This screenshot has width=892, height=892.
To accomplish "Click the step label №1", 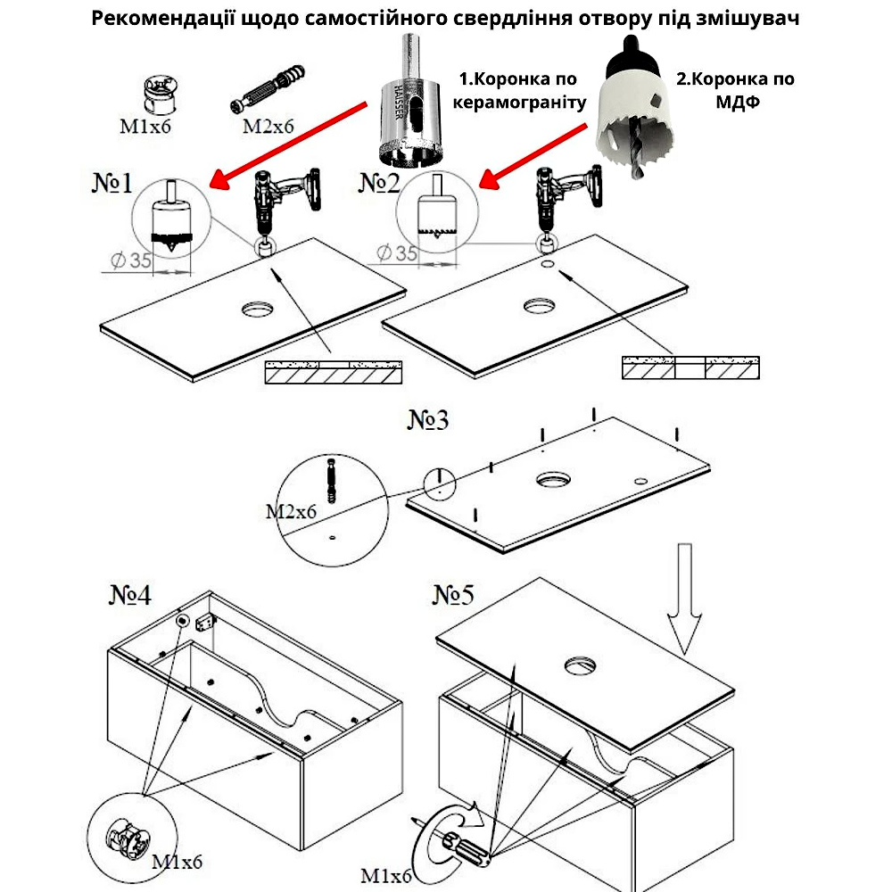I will (112, 184).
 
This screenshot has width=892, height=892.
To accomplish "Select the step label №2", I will (382, 184).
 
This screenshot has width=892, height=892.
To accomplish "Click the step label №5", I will (456, 594).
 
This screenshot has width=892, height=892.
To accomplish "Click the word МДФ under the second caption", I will (736, 102).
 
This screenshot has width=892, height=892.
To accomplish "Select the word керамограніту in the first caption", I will (519, 102).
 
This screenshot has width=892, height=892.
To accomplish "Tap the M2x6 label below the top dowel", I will (268, 126).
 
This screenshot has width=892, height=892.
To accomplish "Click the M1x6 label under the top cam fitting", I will (145, 126).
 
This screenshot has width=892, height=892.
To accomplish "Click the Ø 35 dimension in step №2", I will (397, 253).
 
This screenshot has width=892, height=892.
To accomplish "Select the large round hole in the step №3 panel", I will (557, 479).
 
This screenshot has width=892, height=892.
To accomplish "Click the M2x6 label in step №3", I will (291, 512).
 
